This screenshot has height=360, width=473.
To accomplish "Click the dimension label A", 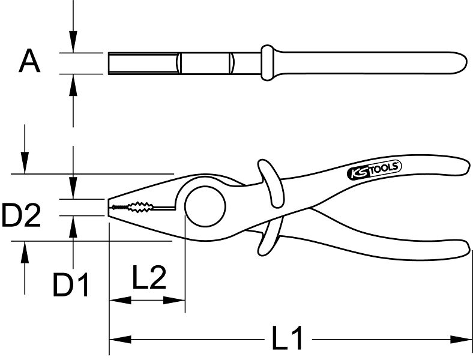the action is [x=29, y=62].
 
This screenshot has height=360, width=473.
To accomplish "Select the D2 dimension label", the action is [x=21, y=215].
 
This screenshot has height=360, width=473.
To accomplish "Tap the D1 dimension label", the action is [x=71, y=284].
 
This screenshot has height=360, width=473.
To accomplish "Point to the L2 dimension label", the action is [x=149, y=277].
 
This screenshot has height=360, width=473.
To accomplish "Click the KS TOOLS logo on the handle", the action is [x=375, y=170].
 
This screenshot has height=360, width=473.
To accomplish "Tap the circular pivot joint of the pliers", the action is [x=205, y=206].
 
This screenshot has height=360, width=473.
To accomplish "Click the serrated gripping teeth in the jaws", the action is [x=133, y=207].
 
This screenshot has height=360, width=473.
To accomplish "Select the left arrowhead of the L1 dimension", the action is [x=120, y=340].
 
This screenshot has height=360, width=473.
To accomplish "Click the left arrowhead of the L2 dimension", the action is [x=120, y=300].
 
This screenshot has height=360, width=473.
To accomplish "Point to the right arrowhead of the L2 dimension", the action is [x=174, y=300].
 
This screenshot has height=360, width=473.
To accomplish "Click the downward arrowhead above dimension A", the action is [x=73, y=41].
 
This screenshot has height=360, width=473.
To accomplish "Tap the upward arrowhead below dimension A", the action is [x=73, y=85].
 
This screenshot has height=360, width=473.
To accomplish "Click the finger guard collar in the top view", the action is [x=267, y=63].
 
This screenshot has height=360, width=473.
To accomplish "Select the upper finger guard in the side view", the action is [x=271, y=184].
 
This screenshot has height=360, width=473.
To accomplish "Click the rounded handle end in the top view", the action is [x=460, y=63].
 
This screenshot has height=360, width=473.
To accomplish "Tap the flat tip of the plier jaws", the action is [x=108, y=207].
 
